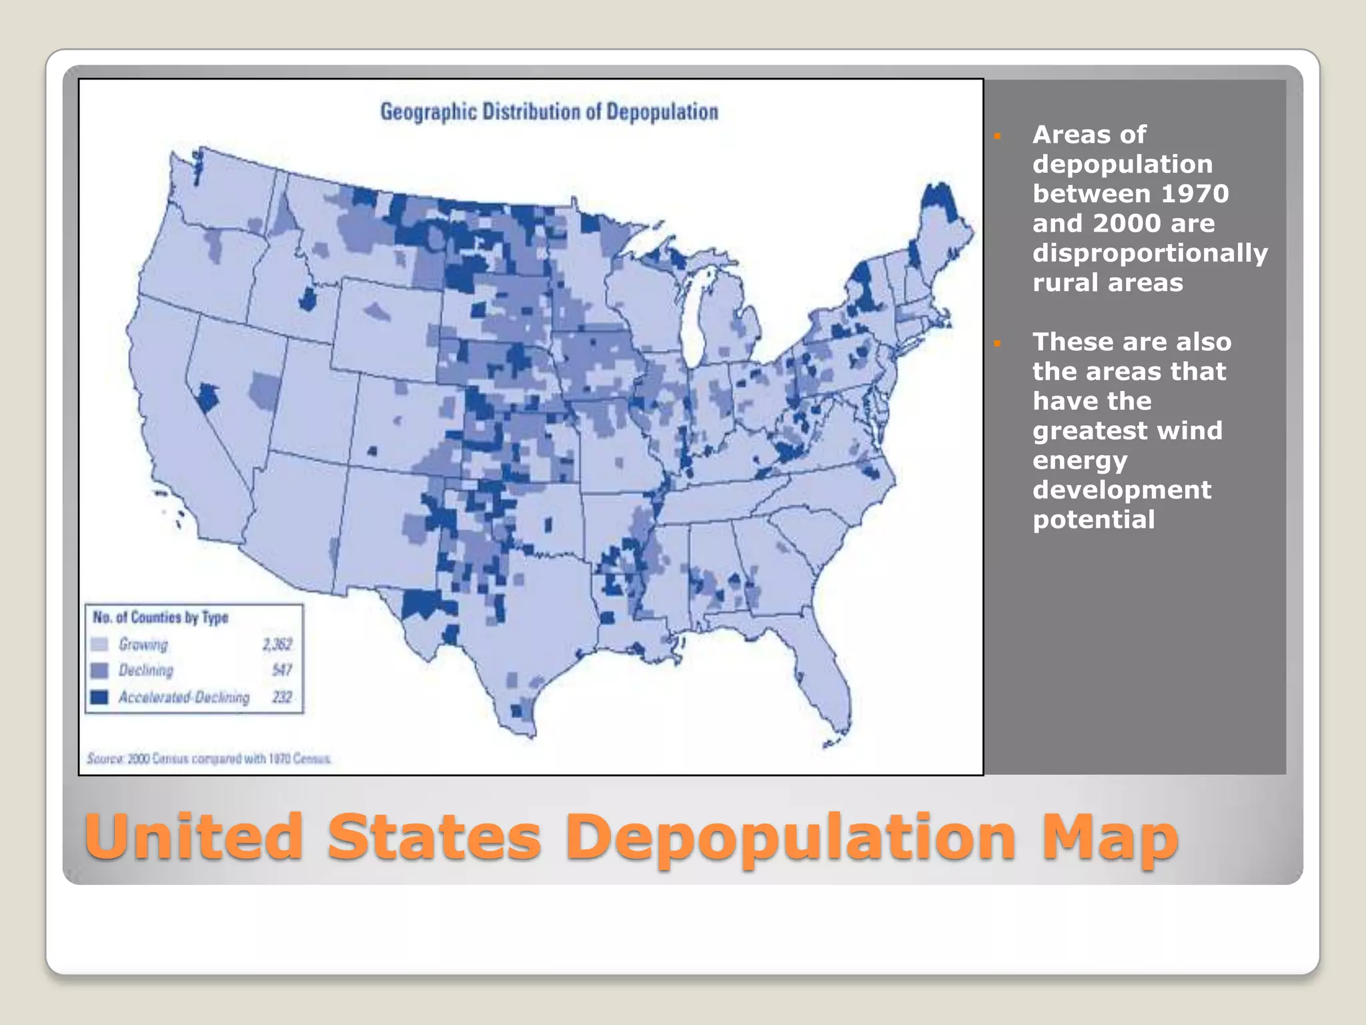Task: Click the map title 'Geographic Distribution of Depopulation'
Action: tap(549, 111)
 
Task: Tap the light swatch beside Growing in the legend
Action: tap(99, 644)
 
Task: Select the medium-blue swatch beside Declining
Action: tap(99, 670)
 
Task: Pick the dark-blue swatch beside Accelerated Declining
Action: tap(99, 697)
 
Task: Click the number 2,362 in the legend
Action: tap(277, 644)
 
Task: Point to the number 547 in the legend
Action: tap(282, 670)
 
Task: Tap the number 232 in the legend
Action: tap(282, 697)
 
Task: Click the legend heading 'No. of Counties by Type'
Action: tap(161, 617)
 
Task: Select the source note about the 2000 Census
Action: tap(209, 759)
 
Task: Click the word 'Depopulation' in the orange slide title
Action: tap(794, 838)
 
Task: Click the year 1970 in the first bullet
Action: tap(1195, 194)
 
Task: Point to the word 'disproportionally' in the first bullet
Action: tap(1150, 253)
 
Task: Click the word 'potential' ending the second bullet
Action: tap(1093, 519)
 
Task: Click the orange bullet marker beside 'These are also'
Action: tap(997, 344)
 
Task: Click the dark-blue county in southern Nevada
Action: tap(207, 398)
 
